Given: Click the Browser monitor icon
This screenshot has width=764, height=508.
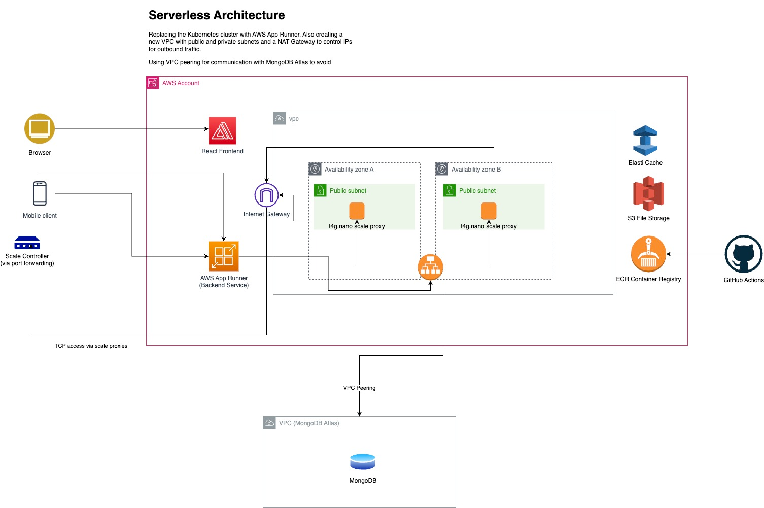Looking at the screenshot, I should pyautogui.click(x=40, y=128).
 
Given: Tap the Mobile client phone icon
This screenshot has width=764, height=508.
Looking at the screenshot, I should pyautogui.click(x=40, y=193).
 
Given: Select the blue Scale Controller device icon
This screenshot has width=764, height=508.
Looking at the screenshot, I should pyautogui.click(x=27, y=243).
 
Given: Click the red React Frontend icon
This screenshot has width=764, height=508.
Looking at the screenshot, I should pyautogui.click(x=222, y=131).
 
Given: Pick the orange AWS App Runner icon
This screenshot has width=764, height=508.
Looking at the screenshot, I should pyautogui.click(x=224, y=256).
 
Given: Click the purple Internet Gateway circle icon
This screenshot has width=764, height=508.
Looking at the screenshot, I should pyautogui.click(x=266, y=195).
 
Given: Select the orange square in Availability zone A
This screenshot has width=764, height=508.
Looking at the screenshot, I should pyautogui.click(x=357, y=211).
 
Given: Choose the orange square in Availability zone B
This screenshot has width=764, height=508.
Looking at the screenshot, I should pyautogui.click(x=489, y=211).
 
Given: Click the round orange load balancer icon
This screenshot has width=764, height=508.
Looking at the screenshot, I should pyautogui.click(x=430, y=267).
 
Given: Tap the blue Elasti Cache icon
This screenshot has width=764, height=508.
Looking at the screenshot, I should pyautogui.click(x=645, y=141).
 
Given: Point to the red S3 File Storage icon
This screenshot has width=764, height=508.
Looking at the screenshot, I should pyautogui.click(x=648, y=193).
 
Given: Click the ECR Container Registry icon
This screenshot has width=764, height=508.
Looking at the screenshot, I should pyautogui.click(x=648, y=254).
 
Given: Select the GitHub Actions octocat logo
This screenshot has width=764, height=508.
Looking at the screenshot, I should pyautogui.click(x=743, y=254).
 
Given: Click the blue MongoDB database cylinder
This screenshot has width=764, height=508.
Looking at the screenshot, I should pyautogui.click(x=363, y=462).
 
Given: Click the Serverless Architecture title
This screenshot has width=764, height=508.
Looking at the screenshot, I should pyautogui.click(x=217, y=15).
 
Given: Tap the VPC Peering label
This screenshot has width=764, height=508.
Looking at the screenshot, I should pyautogui.click(x=359, y=388).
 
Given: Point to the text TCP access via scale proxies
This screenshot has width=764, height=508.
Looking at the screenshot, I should pyautogui.click(x=91, y=346).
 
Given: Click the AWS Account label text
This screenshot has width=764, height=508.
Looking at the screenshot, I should pyautogui.click(x=181, y=83).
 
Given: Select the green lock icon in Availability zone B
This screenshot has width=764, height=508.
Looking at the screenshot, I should pyautogui.click(x=449, y=191).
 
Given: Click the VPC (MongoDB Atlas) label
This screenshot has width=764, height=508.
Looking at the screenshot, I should pyautogui.click(x=309, y=423).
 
